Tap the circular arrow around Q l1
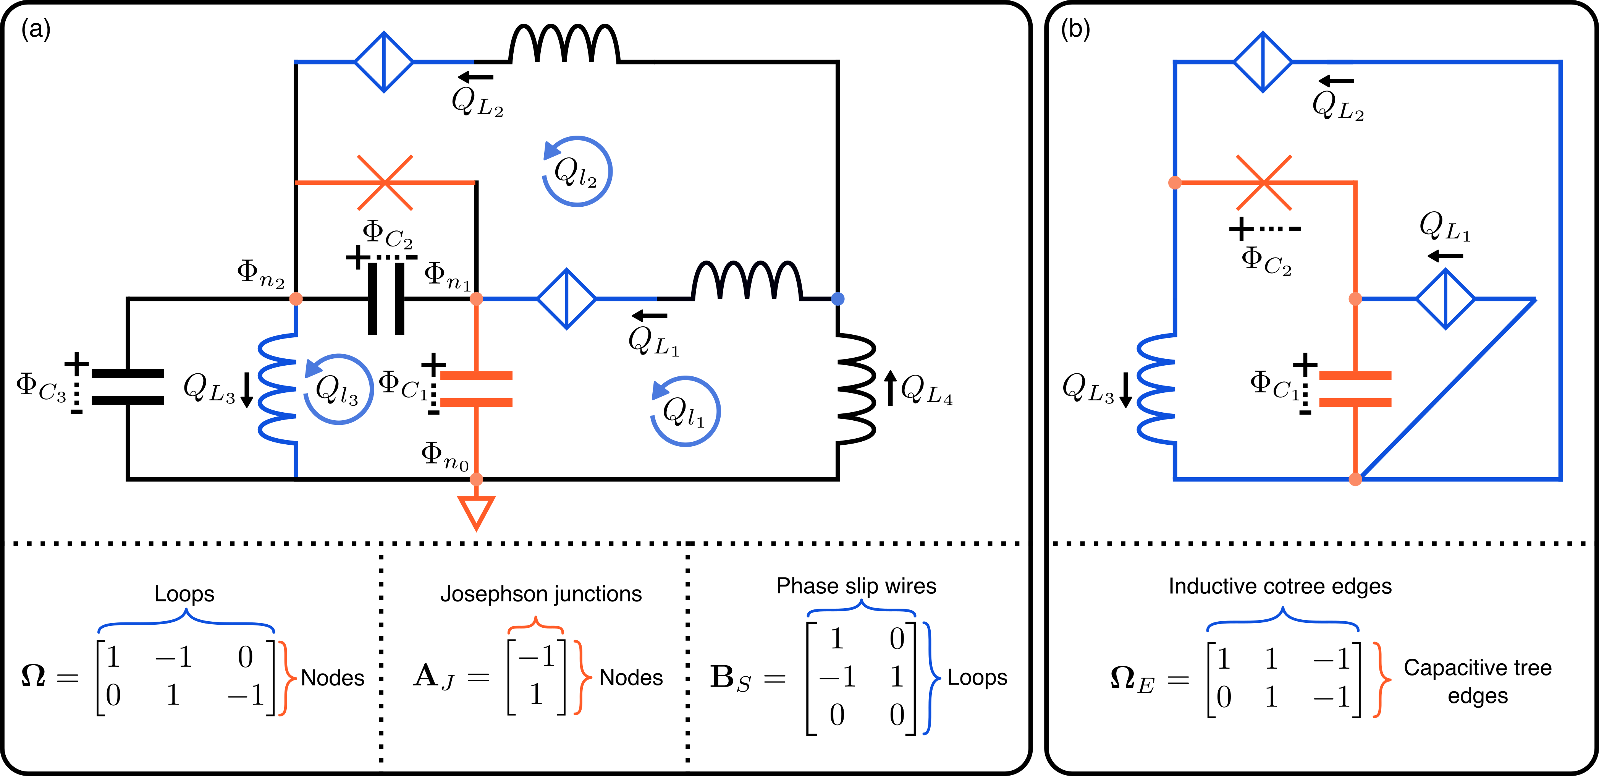tap(685, 411)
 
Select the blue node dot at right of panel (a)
tap(838, 299)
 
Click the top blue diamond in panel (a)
tap(384, 62)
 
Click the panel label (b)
tap(1075, 29)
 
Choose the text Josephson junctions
tap(541, 594)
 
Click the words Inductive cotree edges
tap(1280, 586)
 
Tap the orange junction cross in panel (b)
tap(1264, 183)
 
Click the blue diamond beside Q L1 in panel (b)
tap(1446, 299)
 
